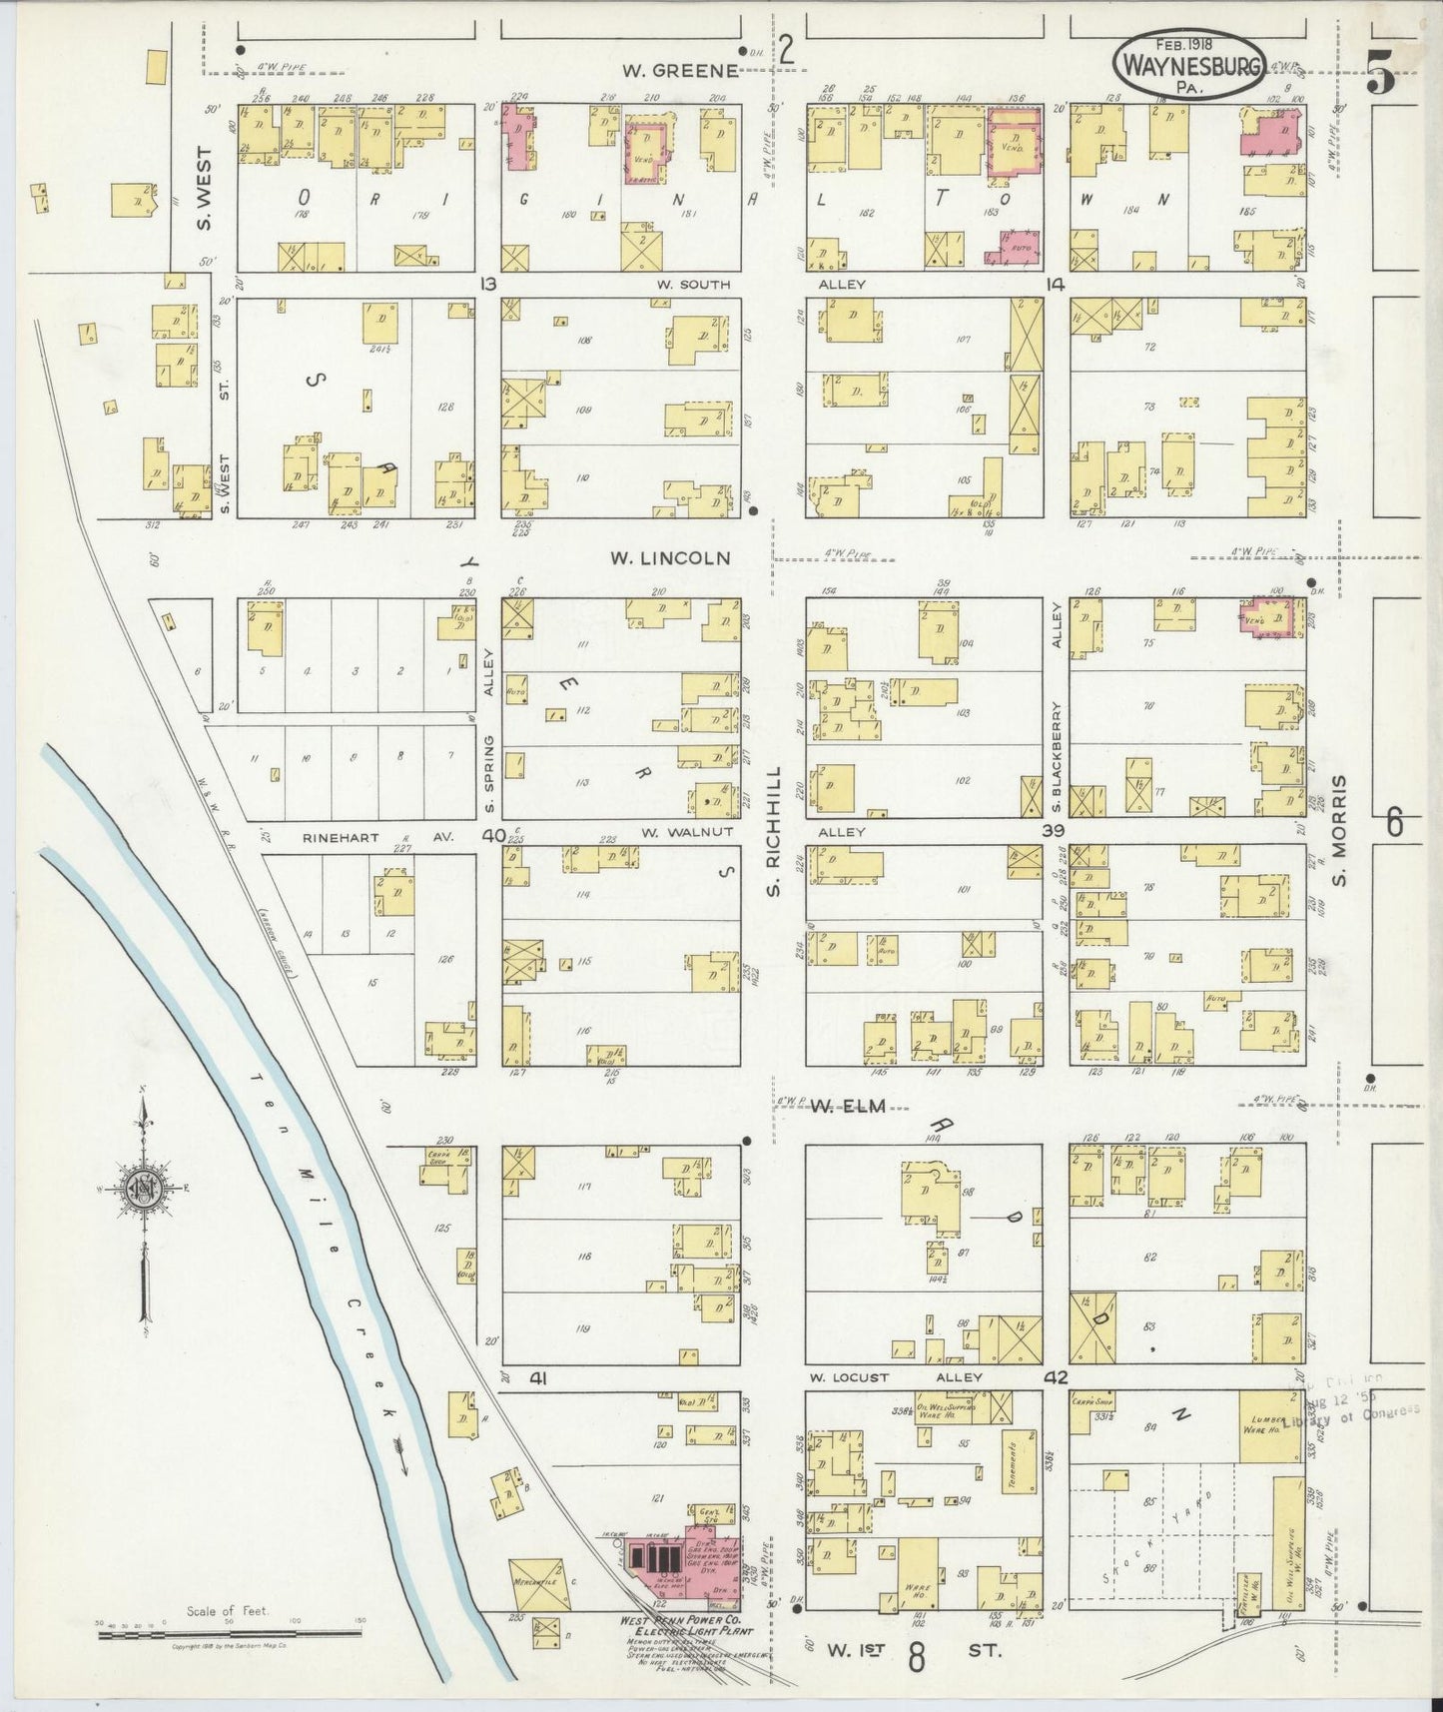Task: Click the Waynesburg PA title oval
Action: (1188, 65)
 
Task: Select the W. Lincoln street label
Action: (671, 558)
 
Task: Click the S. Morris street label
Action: (1341, 831)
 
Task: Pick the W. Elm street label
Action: (847, 1105)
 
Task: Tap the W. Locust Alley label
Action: (896, 1376)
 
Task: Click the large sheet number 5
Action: (1381, 75)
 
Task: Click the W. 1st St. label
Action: (914, 1651)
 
